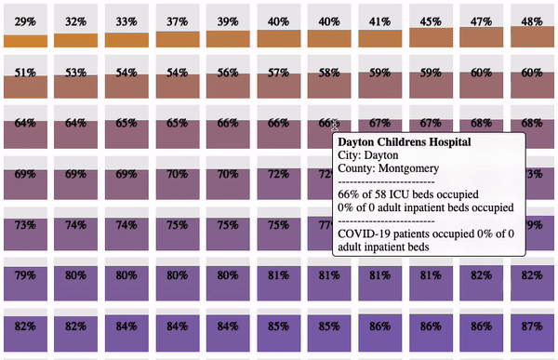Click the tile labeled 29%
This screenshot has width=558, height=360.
[x=25, y=26]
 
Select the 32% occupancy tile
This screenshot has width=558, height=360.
[x=76, y=26]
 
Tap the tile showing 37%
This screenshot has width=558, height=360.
[x=178, y=26]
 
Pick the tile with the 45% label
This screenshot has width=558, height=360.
[x=431, y=26]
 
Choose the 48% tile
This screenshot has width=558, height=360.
[x=532, y=26]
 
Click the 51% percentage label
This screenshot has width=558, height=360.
[x=25, y=73]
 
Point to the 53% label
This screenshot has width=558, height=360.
[x=76, y=73]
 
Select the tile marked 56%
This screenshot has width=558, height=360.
[x=228, y=76]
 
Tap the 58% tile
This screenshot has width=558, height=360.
[x=329, y=76]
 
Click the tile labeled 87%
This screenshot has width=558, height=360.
[x=532, y=330]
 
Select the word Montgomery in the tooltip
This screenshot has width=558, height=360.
[x=408, y=168]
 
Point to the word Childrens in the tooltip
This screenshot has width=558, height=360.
[x=401, y=142]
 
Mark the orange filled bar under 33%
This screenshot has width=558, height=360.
[x=126, y=40]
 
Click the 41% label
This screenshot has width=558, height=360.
[x=380, y=21]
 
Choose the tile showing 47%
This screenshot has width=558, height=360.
[x=482, y=26]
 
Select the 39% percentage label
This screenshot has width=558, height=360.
[x=228, y=21]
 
